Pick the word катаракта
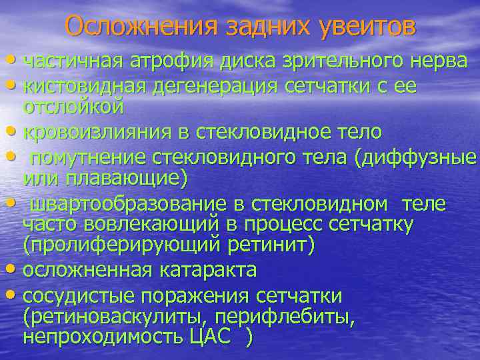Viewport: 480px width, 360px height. click(203, 271)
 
